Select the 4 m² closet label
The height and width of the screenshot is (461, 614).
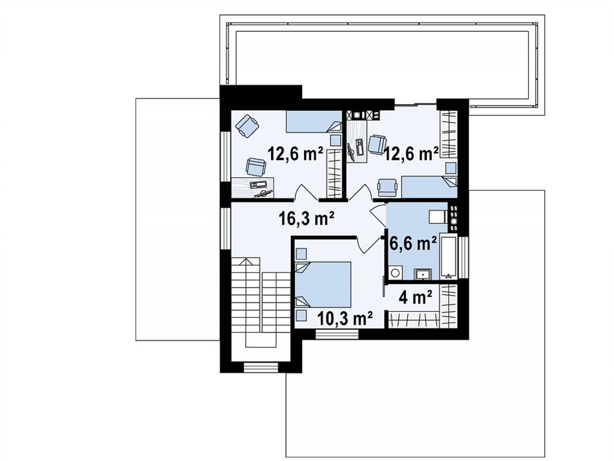pos(415,297)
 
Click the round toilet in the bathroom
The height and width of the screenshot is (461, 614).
pos(396,272)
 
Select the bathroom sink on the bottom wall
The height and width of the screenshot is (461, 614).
pos(423,274)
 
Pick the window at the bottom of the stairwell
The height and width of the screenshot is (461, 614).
pos(261,367)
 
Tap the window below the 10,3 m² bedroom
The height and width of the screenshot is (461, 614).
pos(337,334)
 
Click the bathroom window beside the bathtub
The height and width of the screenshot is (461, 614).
pos(463,258)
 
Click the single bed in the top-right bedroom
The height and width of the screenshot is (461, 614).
pos(429,187)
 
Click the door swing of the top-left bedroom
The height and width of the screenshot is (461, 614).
pos(306,192)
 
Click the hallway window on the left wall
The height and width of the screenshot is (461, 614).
pos(225,229)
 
